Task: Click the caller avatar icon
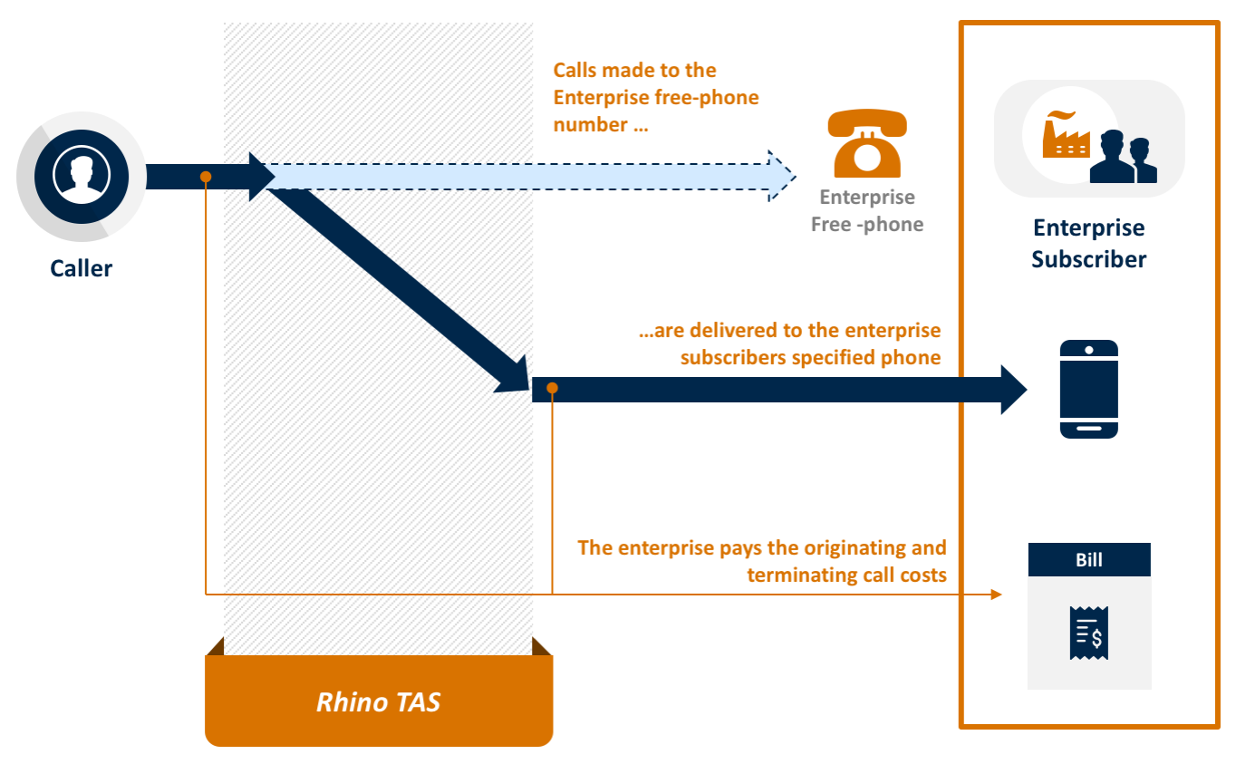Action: point(82,177)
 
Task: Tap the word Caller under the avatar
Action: point(82,268)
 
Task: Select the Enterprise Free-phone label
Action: point(867,211)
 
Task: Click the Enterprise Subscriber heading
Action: point(1088,244)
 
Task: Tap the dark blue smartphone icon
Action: point(1088,390)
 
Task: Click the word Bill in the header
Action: point(1088,560)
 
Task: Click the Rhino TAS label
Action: point(378,701)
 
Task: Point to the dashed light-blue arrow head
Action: point(781,176)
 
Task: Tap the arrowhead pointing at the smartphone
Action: point(1013,390)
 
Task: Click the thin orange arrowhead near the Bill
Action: point(997,595)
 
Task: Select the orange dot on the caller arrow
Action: point(207,176)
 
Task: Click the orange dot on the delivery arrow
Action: point(552,389)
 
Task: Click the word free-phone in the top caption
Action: point(711,97)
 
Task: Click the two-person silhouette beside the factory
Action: point(1124,158)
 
